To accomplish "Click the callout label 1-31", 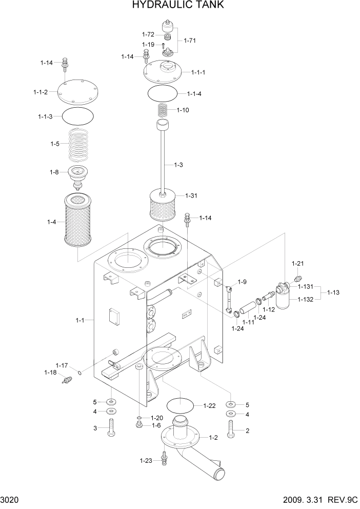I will pos(191,195).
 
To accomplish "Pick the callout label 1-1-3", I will pos(46,117).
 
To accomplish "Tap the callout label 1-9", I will pos(242,282).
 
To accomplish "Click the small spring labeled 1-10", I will pos(163,110).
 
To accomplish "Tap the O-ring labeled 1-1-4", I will pos(163,94).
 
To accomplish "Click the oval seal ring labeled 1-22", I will pos(182,405).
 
